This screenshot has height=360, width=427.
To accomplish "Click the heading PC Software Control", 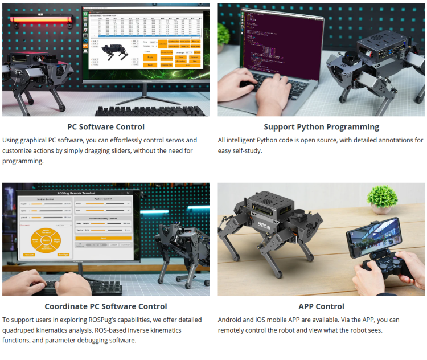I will coord(106,127).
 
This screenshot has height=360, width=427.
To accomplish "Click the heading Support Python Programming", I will coord(321,127).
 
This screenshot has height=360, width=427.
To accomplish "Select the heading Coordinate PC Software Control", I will coord(106,306).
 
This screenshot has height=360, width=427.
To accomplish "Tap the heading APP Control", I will coord(321,306).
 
